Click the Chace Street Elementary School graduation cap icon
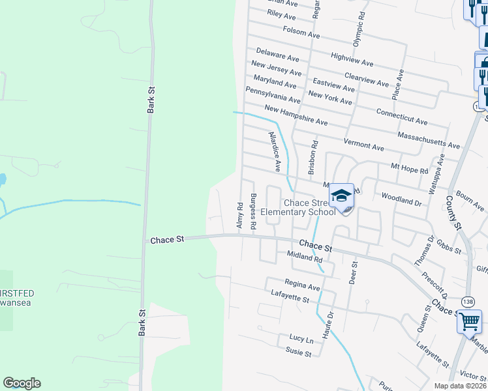click(341, 195)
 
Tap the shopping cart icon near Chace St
click(469, 321)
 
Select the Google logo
click(22, 383)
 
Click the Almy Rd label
click(239, 210)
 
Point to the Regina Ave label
click(302, 285)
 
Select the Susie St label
click(298, 353)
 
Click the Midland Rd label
click(305, 258)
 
